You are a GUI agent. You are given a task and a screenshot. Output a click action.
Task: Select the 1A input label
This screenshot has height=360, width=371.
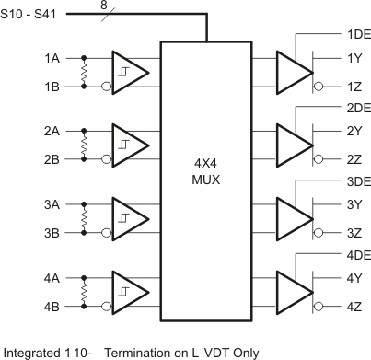[x=52, y=57]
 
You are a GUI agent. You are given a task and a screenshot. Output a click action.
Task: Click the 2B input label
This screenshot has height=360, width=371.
[x=52, y=158]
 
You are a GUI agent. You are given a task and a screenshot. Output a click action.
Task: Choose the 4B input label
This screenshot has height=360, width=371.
[x=52, y=306]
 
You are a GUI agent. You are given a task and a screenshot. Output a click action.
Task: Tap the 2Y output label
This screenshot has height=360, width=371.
[x=354, y=132]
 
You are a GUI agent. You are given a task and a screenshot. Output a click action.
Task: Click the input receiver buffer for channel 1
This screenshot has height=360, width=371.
[x=130, y=71]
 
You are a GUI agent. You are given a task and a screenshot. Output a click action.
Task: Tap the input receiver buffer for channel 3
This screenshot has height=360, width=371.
[x=130, y=218]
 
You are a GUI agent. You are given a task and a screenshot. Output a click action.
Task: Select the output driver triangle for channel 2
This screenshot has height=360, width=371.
[x=294, y=145]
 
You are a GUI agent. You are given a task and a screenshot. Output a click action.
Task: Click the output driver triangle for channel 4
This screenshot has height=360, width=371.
[x=294, y=292]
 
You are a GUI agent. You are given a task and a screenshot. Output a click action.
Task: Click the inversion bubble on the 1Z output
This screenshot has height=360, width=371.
[x=319, y=86]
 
